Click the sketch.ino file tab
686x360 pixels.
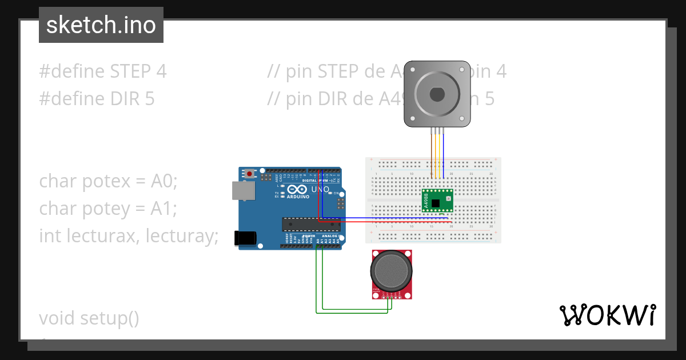click(101, 25)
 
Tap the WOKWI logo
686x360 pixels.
click(607, 315)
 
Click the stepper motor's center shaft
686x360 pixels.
click(437, 93)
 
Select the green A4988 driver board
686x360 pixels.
click(437, 201)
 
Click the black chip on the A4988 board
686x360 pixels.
click(437, 202)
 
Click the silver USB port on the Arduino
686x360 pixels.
click(243, 191)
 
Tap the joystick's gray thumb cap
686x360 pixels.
click(391, 271)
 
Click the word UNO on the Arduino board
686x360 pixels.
click(320, 189)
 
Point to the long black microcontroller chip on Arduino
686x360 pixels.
click(310, 225)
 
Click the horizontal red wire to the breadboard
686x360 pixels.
click(389, 222)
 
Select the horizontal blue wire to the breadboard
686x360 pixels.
click(389, 218)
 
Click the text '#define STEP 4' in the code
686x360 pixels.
click(103, 71)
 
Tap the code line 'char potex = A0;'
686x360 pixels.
click(109, 181)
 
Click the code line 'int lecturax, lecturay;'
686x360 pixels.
click(129, 235)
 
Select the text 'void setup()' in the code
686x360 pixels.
click(89, 318)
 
